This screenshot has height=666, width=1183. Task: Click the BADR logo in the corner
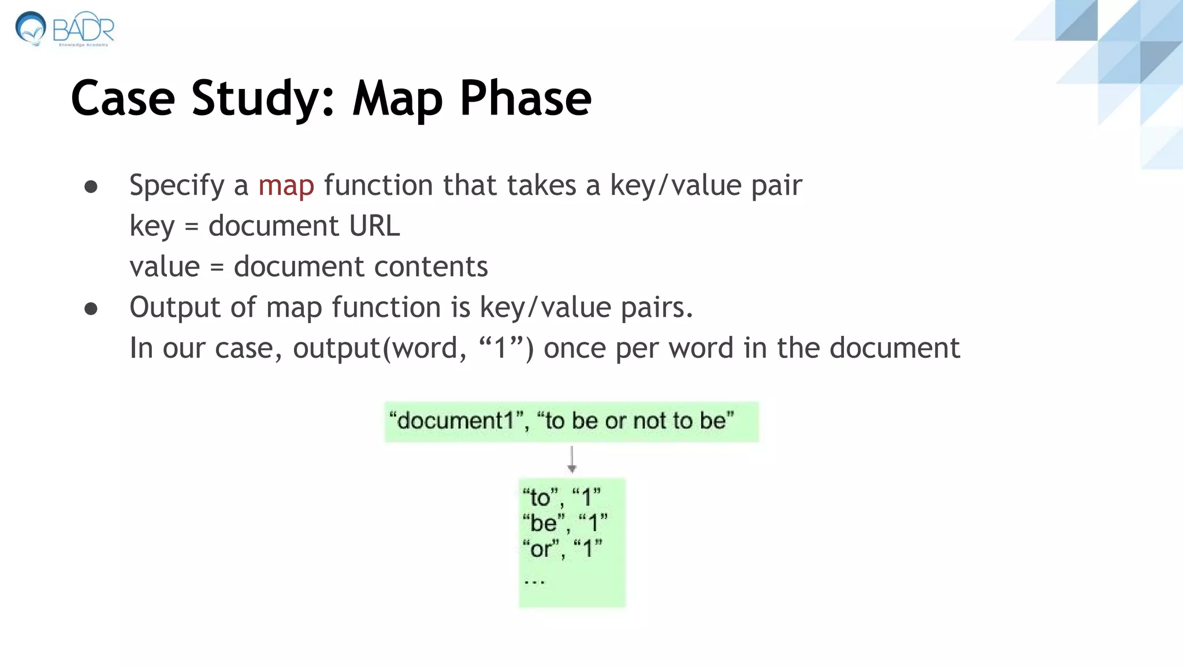click(65, 29)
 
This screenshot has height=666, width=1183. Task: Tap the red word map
click(286, 186)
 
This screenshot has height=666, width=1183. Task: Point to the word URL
click(374, 226)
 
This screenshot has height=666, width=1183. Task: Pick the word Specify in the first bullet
click(177, 186)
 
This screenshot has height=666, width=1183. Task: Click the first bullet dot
click(91, 187)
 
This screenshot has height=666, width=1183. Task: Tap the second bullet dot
click(91, 309)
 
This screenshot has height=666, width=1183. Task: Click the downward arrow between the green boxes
click(572, 460)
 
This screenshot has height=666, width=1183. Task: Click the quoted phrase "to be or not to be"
click(635, 421)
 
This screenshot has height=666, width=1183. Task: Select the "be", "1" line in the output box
click(565, 523)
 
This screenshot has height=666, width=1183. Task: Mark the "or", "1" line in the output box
click(562, 549)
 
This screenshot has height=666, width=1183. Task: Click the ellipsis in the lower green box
click(534, 580)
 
